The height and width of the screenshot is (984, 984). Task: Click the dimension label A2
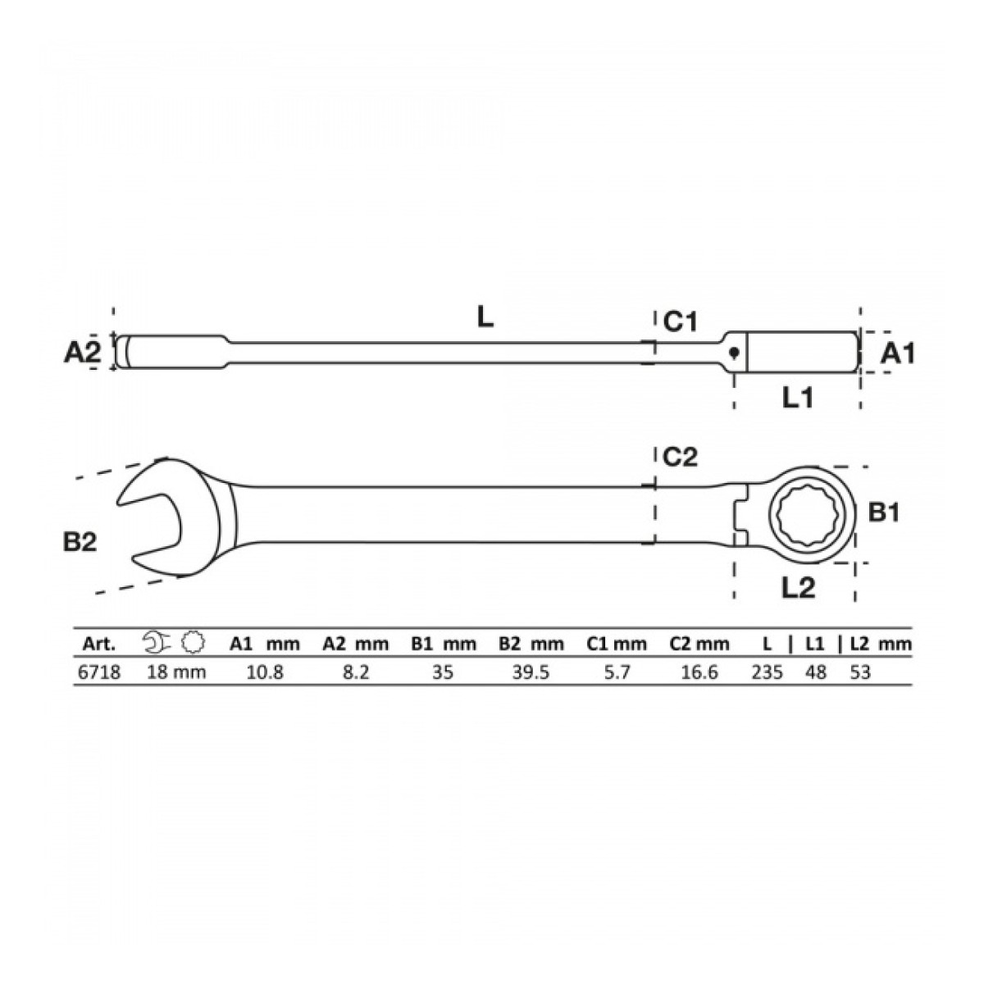click(x=83, y=353)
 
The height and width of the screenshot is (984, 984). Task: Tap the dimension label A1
click(x=898, y=353)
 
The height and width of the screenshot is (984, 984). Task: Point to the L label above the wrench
click(x=485, y=318)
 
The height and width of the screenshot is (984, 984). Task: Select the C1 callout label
click(x=680, y=321)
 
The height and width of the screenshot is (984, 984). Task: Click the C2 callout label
click(x=680, y=457)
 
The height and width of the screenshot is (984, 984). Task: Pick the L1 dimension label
click(x=798, y=398)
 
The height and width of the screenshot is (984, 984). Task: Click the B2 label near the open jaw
click(x=80, y=542)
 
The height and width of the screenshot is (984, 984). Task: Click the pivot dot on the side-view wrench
click(x=734, y=352)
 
